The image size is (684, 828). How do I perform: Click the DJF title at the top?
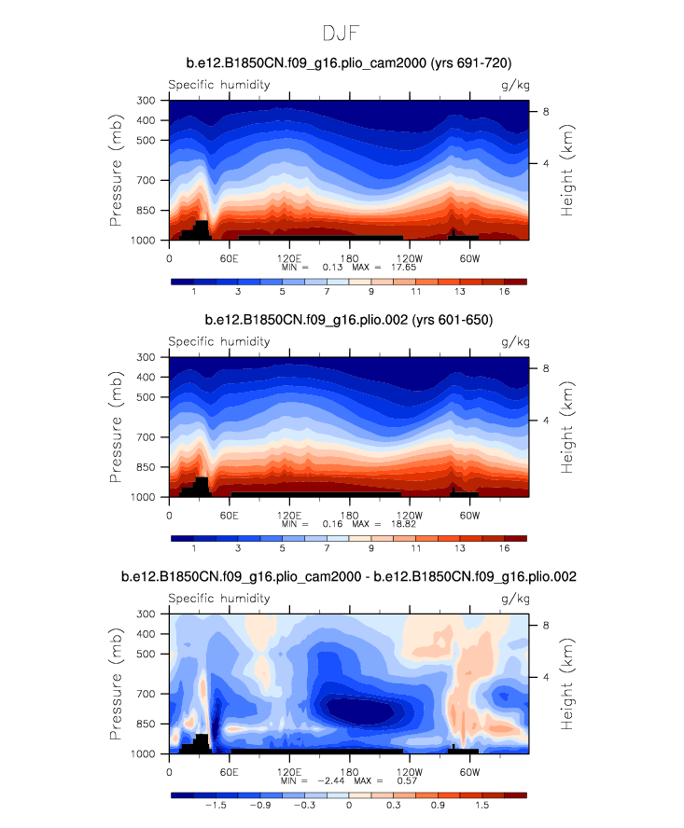click(341, 34)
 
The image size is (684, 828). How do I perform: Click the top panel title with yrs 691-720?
click(348, 63)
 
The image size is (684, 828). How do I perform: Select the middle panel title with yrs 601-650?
click(348, 321)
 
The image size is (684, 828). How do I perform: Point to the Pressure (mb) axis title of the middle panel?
click(117, 426)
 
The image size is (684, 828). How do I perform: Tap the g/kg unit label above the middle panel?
click(513, 341)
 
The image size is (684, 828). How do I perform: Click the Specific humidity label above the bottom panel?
click(218, 598)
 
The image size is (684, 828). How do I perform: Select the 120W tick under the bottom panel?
click(409, 771)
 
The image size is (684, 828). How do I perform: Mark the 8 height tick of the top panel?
click(546, 111)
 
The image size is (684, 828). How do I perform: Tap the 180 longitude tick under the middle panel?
click(348, 515)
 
